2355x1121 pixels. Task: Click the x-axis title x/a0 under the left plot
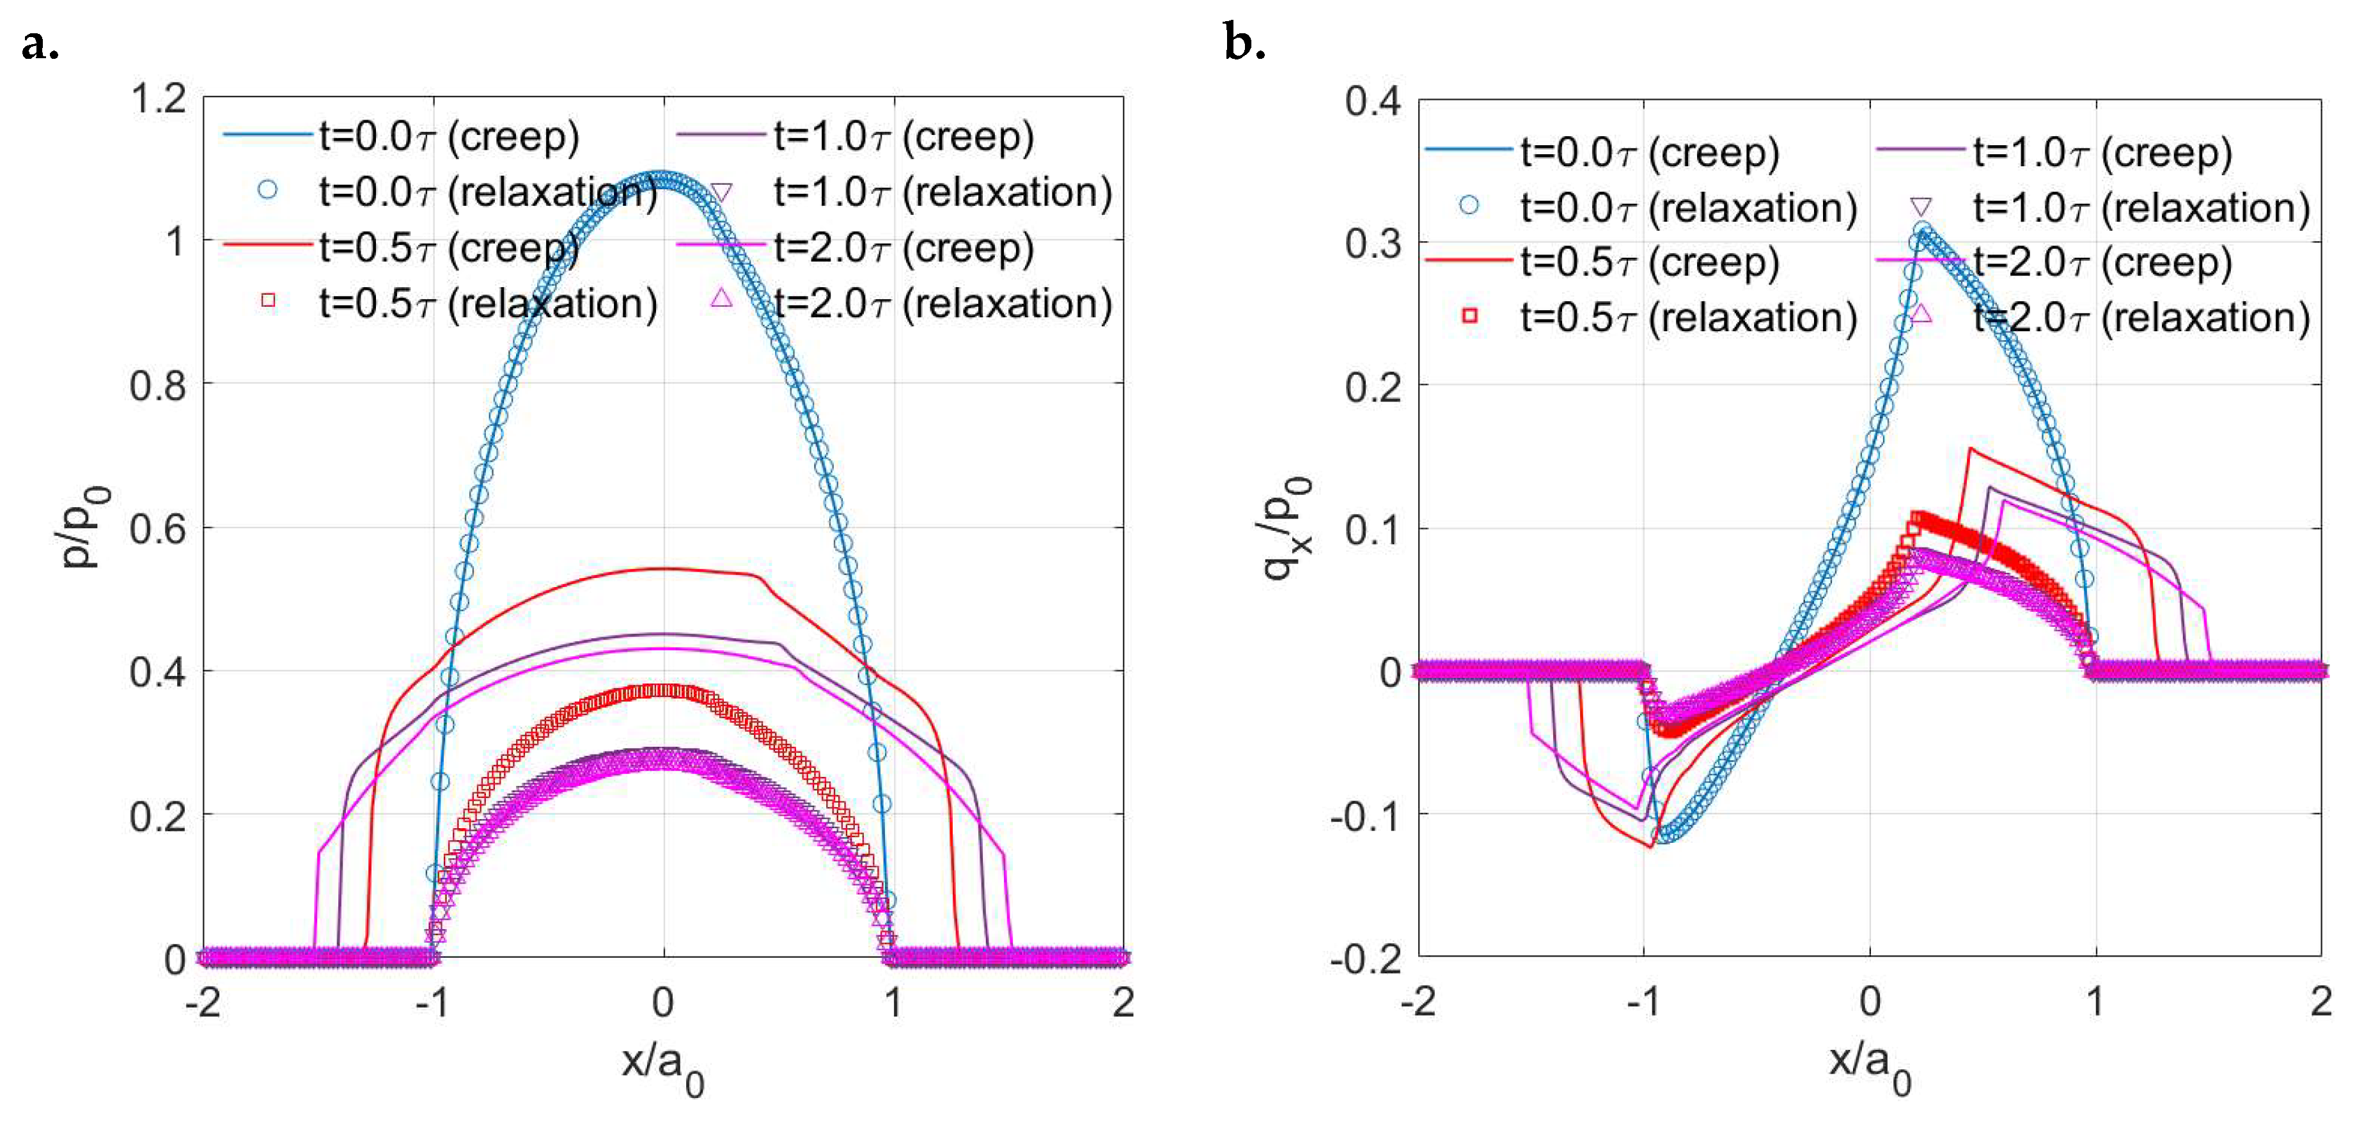click(x=663, y=1065)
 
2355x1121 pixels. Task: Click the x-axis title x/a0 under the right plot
click(x=1870, y=1065)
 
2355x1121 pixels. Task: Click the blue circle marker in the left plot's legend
click(x=267, y=190)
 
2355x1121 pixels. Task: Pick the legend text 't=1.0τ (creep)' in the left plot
click(x=904, y=136)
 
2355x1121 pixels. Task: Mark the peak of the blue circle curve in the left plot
click(x=663, y=177)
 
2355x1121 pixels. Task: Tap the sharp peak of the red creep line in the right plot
click(x=1970, y=449)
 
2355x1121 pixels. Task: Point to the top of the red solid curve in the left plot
click(x=663, y=568)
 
